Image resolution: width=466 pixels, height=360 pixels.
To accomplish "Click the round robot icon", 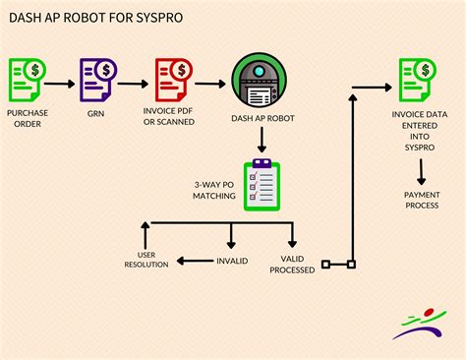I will (260, 81).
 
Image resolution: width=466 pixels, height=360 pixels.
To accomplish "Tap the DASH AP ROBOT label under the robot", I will (260, 120).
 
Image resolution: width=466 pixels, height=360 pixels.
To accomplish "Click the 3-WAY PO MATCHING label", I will (214, 189).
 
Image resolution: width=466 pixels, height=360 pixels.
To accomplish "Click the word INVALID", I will (231, 261).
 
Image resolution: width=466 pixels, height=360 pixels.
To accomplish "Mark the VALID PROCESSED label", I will (291, 263).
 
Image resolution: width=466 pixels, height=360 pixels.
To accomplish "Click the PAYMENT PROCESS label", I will (421, 200).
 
